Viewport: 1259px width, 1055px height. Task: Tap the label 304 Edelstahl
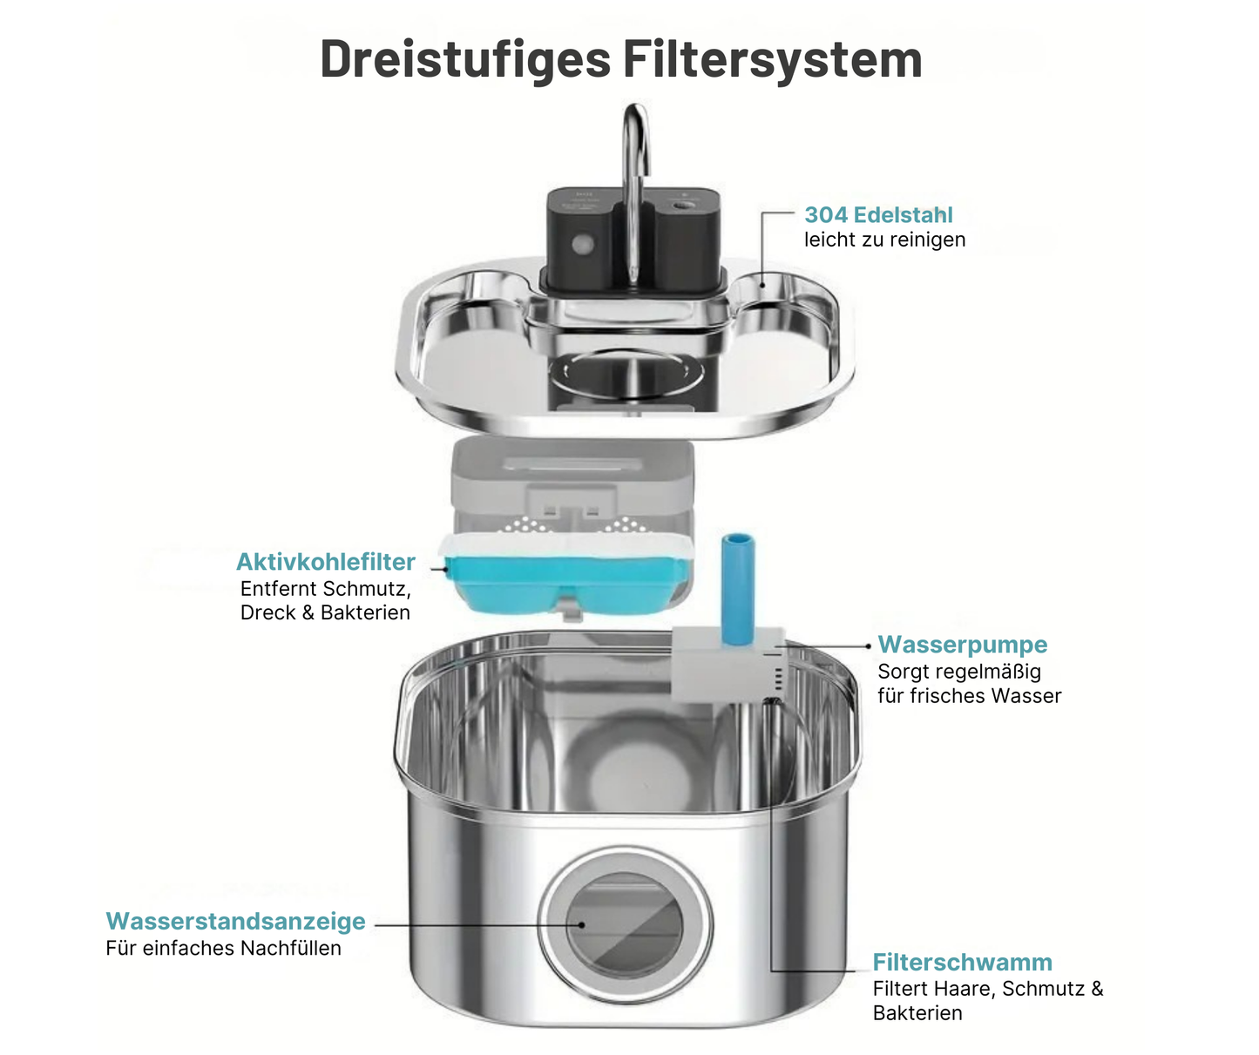pyautogui.click(x=878, y=215)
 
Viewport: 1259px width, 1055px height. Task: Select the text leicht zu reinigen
pyautogui.click(x=884, y=240)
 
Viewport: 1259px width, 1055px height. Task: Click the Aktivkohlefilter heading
pyautogui.click(x=325, y=562)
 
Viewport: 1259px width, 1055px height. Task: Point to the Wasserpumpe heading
pyautogui.click(x=962, y=645)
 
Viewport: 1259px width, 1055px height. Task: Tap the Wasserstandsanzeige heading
pyautogui.click(x=235, y=922)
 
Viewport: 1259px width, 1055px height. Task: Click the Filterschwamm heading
pyautogui.click(x=962, y=963)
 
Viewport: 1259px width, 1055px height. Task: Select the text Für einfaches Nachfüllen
pyautogui.click(x=223, y=949)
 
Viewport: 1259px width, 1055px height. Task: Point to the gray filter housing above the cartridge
pyautogui.click(x=571, y=479)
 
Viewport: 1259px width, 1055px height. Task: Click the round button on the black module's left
pyautogui.click(x=581, y=244)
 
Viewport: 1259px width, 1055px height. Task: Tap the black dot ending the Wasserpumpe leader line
pyautogui.click(x=869, y=646)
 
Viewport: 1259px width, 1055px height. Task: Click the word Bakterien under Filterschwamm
pyautogui.click(x=917, y=1013)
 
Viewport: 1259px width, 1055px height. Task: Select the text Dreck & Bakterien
pyautogui.click(x=325, y=612)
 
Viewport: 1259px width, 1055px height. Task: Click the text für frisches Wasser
pyautogui.click(x=969, y=696)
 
